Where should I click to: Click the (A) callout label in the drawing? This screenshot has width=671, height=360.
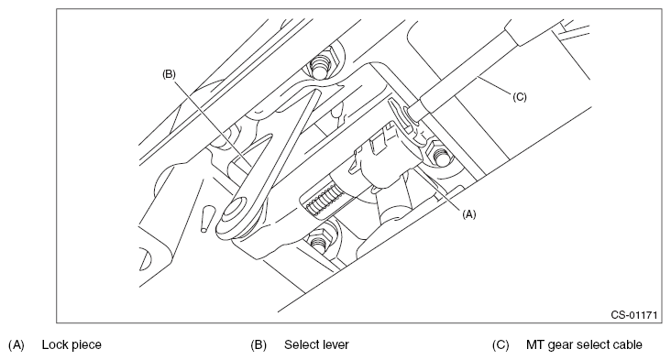[x=469, y=214]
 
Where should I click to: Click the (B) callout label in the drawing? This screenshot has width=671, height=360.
[x=169, y=74]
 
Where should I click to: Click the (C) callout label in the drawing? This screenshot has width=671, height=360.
[x=520, y=97]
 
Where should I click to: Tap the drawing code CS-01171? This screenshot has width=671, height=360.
[x=633, y=315]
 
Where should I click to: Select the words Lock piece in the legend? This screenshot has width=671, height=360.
[x=71, y=344]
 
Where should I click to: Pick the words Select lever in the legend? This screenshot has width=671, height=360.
[x=316, y=344]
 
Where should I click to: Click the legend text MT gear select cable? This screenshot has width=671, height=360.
[x=584, y=344]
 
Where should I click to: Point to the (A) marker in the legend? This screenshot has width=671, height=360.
[x=16, y=345]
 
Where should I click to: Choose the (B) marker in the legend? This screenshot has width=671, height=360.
[x=258, y=345]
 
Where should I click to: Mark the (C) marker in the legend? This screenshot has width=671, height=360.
[x=500, y=345]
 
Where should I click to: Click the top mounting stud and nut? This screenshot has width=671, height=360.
[x=322, y=64]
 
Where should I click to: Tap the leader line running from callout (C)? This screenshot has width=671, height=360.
[x=495, y=85]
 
